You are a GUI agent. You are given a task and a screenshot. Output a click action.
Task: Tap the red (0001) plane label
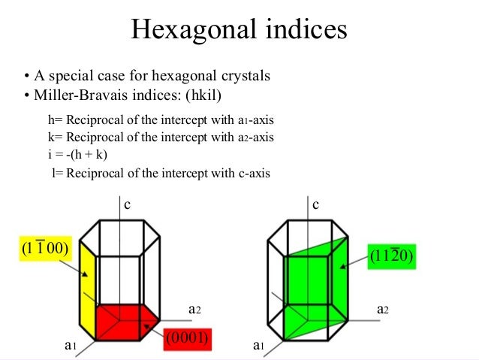click(188, 338)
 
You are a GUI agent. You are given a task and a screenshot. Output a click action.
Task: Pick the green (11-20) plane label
click(392, 256)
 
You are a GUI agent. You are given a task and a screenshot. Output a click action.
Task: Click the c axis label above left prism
click(127, 204)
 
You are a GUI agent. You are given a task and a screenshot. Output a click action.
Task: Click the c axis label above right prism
click(316, 204)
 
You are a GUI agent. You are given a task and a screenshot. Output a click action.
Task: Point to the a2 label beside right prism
click(382, 308)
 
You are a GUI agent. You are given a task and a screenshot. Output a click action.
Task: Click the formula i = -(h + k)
click(77, 156)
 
